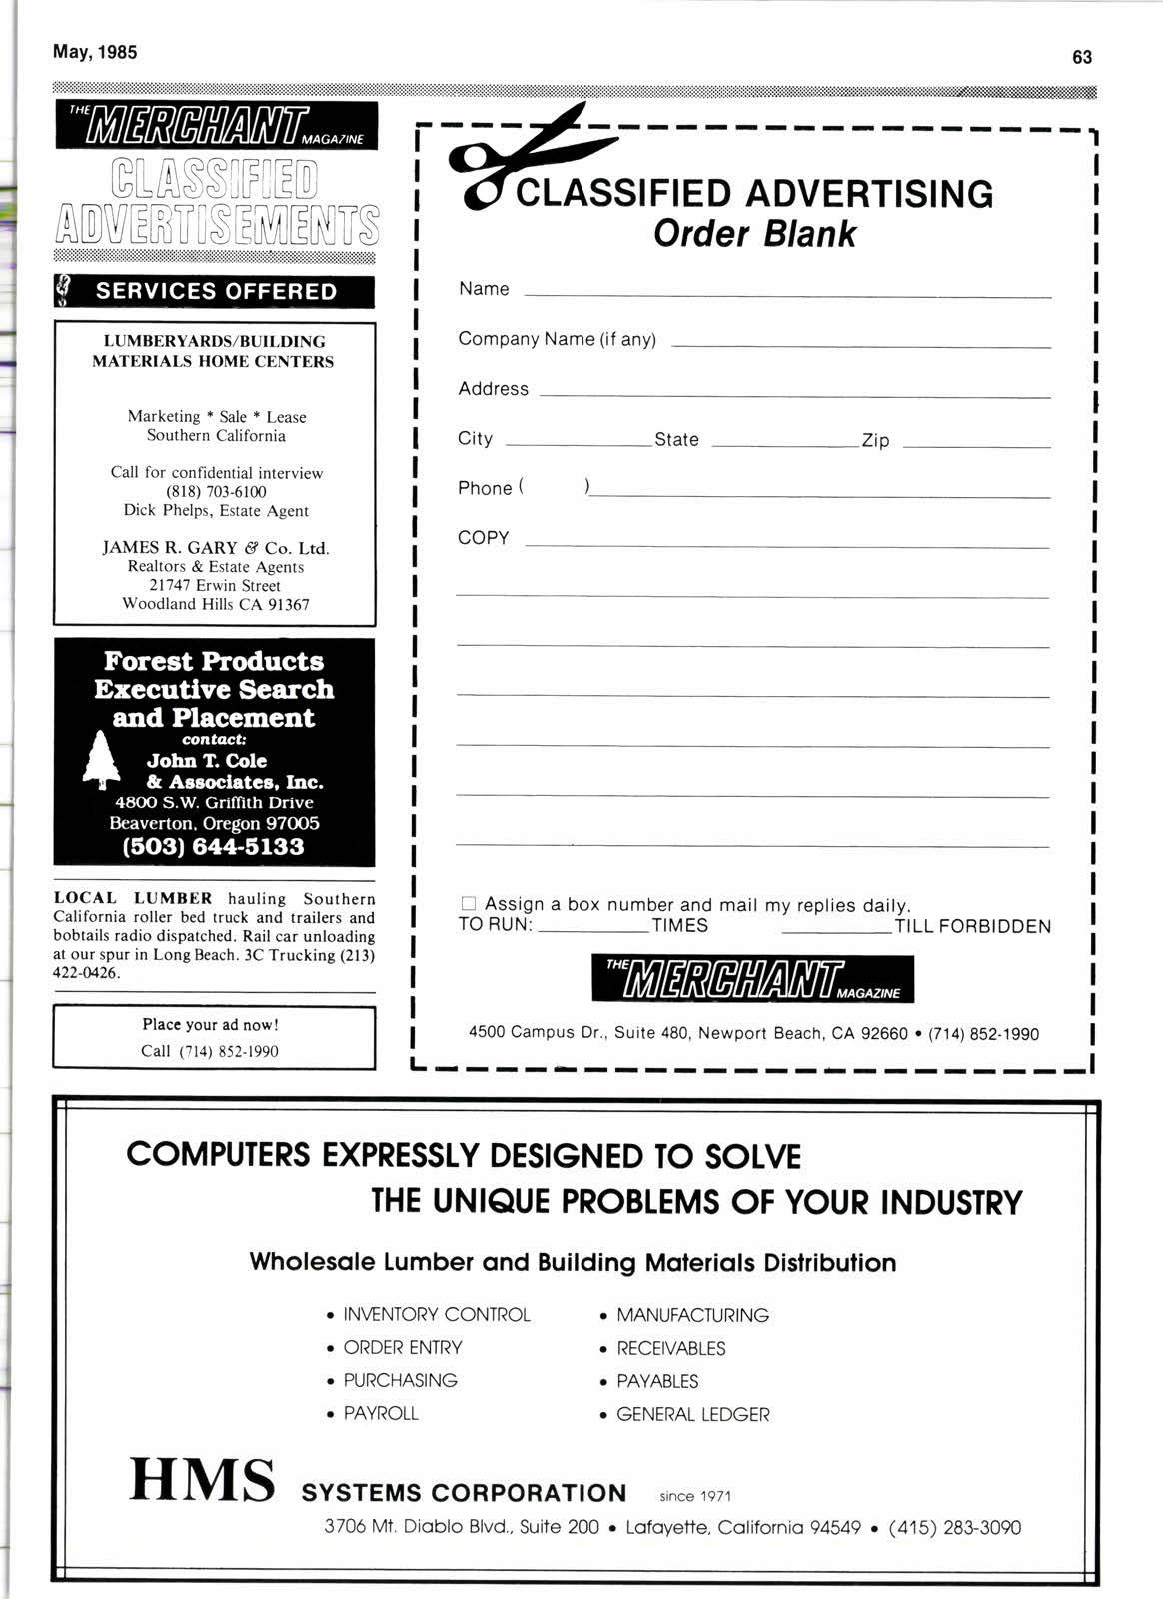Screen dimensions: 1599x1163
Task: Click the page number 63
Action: click(x=1082, y=57)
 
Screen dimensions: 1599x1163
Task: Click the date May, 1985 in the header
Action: click(x=95, y=52)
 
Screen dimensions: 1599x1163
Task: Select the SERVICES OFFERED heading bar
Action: click(x=215, y=292)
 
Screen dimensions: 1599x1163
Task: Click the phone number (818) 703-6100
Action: click(x=216, y=492)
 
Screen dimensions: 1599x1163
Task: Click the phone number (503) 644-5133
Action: click(x=213, y=847)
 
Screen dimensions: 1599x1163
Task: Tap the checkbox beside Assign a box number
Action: click(x=468, y=904)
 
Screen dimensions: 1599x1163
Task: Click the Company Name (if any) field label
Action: click(x=557, y=339)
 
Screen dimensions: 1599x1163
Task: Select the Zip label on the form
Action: click(x=875, y=440)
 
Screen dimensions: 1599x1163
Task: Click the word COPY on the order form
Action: click(x=484, y=538)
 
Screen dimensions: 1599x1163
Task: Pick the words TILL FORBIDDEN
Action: click(x=972, y=926)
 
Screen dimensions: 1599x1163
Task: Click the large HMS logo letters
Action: click(x=202, y=1480)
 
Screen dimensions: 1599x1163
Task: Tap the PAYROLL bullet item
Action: click(x=380, y=1413)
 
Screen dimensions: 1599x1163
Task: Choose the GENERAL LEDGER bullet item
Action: click(x=692, y=1414)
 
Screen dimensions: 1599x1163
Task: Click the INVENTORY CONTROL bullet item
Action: click(x=436, y=1315)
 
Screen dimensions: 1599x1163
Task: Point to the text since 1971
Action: click(x=695, y=1496)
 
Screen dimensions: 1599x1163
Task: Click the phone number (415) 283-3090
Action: click(x=954, y=1527)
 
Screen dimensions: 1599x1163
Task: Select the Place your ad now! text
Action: click(x=210, y=1024)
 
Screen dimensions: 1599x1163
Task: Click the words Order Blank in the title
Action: click(x=754, y=234)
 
